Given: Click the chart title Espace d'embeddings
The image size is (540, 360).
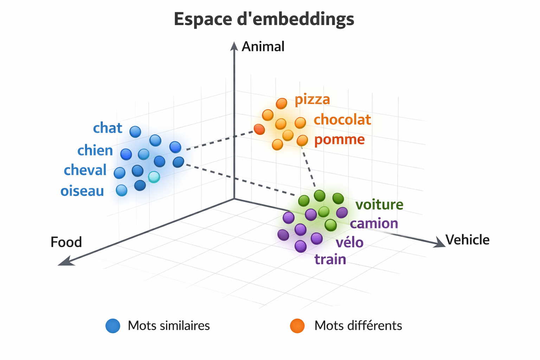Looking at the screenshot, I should (264, 19).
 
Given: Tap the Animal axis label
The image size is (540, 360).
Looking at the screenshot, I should (263, 47).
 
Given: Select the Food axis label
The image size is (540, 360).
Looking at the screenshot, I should (66, 242).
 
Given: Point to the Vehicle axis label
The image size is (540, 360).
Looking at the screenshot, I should (467, 240).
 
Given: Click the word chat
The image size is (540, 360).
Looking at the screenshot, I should (108, 128).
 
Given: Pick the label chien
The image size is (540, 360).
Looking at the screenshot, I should (95, 150).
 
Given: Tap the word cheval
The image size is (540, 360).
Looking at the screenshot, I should (85, 170).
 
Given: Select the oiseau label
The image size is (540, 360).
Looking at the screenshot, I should (82, 191).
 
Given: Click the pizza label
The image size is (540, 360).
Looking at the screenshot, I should (312, 99).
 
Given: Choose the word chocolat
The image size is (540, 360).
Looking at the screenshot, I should (342, 120).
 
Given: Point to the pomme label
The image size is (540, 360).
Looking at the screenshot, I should (339, 140).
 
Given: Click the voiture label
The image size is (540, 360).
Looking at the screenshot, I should (379, 205).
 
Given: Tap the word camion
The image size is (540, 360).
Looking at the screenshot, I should (374, 224).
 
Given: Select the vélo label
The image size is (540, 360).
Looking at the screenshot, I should (349, 243).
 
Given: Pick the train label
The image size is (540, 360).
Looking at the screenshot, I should (330, 260).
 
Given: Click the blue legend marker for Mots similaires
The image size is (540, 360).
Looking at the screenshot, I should (113, 326).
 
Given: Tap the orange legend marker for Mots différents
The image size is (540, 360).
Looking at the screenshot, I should (297, 326).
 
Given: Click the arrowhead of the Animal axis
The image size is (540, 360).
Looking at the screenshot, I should (234, 46).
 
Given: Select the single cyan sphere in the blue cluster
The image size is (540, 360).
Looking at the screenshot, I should (154, 177).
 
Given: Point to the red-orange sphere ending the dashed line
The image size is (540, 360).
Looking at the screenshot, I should (259, 129).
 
